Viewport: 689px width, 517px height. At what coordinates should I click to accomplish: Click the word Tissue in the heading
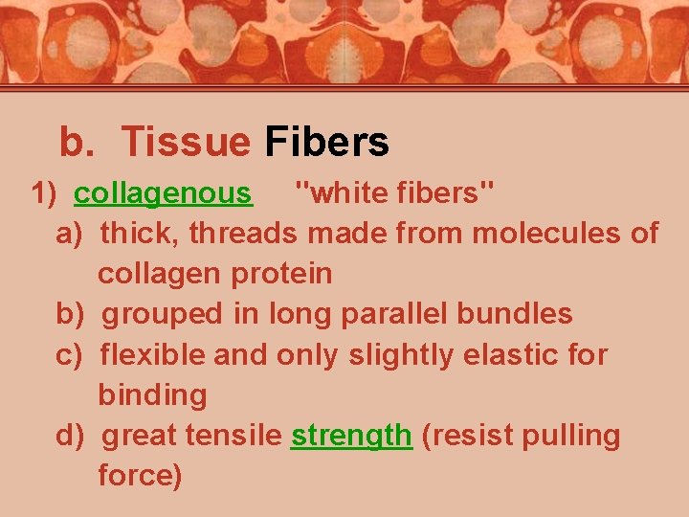pyautogui.click(x=186, y=143)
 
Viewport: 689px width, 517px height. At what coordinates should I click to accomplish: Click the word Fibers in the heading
pyautogui.click(x=327, y=143)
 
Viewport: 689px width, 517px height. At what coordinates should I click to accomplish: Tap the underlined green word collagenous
pyautogui.click(x=163, y=193)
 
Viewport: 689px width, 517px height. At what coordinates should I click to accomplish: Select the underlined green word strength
pyautogui.click(x=351, y=436)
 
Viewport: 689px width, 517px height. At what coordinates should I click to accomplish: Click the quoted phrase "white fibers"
pyautogui.click(x=394, y=193)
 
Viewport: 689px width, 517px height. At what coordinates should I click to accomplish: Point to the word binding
pyautogui.click(x=152, y=395)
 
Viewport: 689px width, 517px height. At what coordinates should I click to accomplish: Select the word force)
pyautogui.click(x=140, y=476)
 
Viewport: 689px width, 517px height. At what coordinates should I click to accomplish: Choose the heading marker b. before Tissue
pyautogui.click(x=77, y=143)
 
